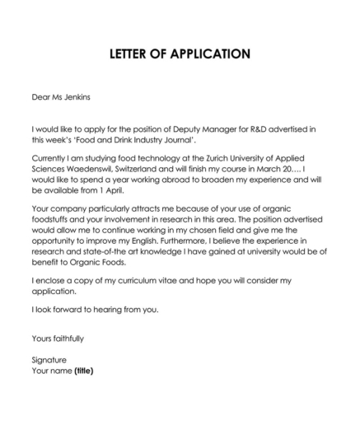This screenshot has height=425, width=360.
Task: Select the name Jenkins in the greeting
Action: (x=76, y=97)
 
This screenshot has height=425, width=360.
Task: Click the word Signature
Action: (x=49, y=360)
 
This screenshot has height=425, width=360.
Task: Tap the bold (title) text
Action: (x=84, y=371)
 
